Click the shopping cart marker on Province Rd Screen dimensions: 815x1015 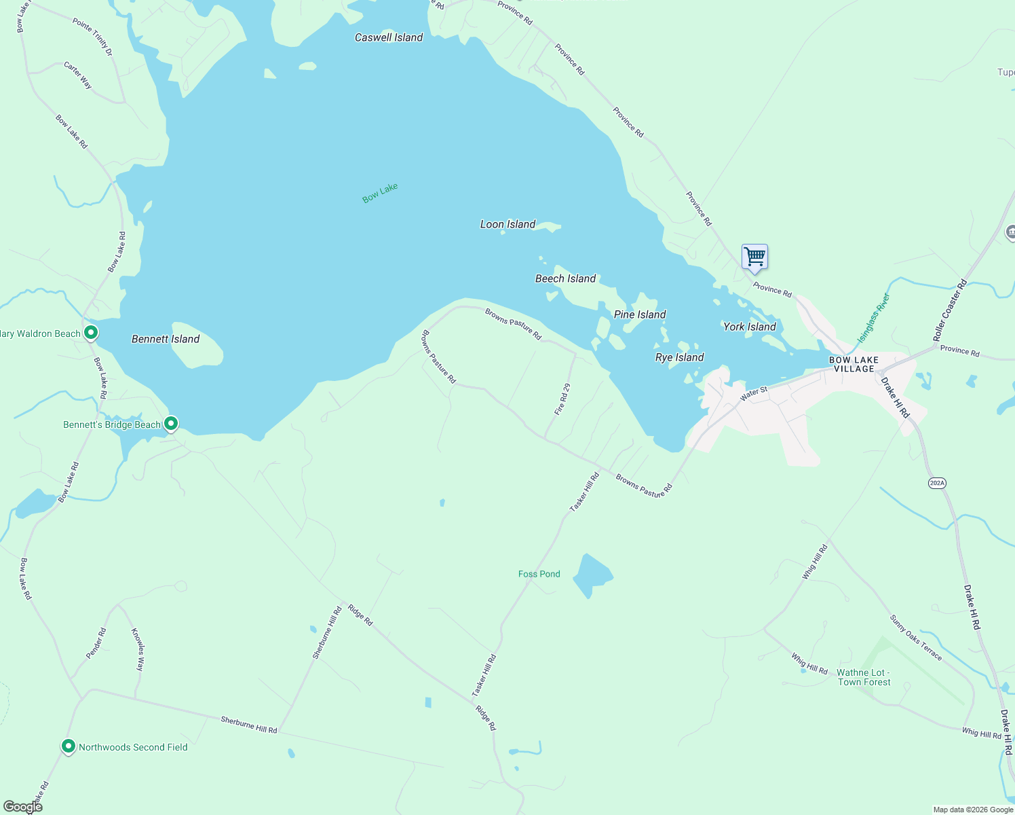754,257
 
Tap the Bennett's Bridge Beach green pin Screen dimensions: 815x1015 171,424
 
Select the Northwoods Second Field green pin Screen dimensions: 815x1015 69,746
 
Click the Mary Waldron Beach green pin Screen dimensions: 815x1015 91,333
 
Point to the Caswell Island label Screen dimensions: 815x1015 389,37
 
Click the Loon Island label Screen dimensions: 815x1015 507,224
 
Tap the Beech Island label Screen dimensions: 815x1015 565,278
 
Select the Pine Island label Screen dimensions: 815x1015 640,314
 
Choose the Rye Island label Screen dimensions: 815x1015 679,357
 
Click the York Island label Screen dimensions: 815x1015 749,327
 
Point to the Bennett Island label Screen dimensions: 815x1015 166,339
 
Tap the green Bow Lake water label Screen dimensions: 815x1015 380,193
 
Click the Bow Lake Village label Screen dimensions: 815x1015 854,365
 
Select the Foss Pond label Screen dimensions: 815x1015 539,574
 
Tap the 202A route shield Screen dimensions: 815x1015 937,483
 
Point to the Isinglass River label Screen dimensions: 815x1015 873,317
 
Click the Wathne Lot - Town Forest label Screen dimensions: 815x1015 863,677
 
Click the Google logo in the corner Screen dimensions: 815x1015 22,806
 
